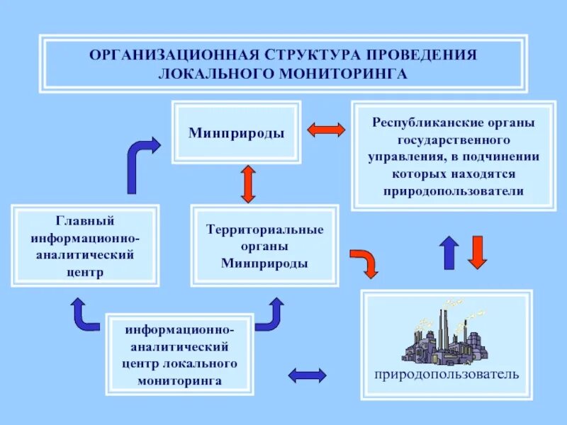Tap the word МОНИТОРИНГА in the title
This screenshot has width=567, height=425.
[345, 73]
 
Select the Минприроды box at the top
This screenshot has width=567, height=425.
[236, 133]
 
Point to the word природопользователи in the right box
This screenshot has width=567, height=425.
[454, 191]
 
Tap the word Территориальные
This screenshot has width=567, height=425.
[264, 229]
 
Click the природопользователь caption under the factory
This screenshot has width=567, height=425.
[447, 373]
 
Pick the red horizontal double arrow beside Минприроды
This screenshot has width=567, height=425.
[326, 130]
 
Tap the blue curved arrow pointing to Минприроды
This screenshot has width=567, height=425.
[140, 163]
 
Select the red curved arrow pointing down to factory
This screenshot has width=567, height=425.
[365, 261]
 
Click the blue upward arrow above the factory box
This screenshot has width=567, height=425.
[449, 252]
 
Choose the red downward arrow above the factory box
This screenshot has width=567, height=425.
[478, 252]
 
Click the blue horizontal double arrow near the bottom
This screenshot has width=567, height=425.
[307, 375]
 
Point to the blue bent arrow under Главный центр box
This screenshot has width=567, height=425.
[83, 315]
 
